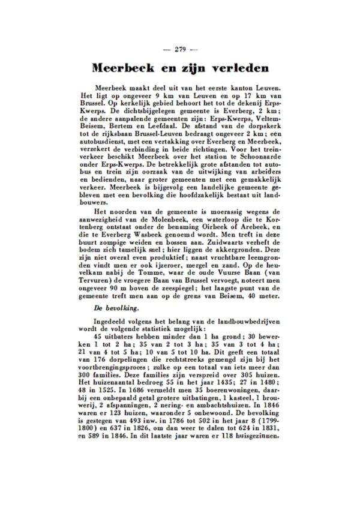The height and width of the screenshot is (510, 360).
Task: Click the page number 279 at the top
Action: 180,49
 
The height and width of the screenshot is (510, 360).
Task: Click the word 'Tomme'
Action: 134,280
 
